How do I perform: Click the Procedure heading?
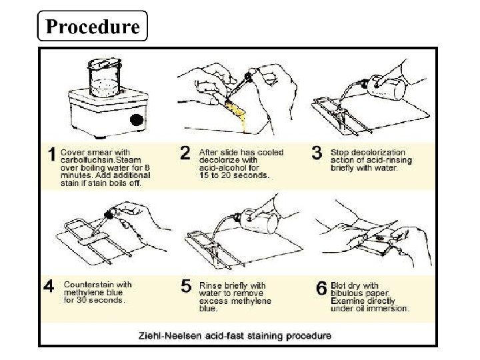tap(93, 26)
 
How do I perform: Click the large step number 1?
tap(52, 154)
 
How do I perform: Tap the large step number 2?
tap(185, 153)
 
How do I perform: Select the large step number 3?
tap(317, 153)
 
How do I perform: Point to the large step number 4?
tap(49, 287)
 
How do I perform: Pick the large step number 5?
tap(186, 287)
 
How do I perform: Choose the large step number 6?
tap(321, 288)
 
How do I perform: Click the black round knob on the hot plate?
tap(137, 120)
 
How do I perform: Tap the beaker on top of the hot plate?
tap(105, 78)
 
